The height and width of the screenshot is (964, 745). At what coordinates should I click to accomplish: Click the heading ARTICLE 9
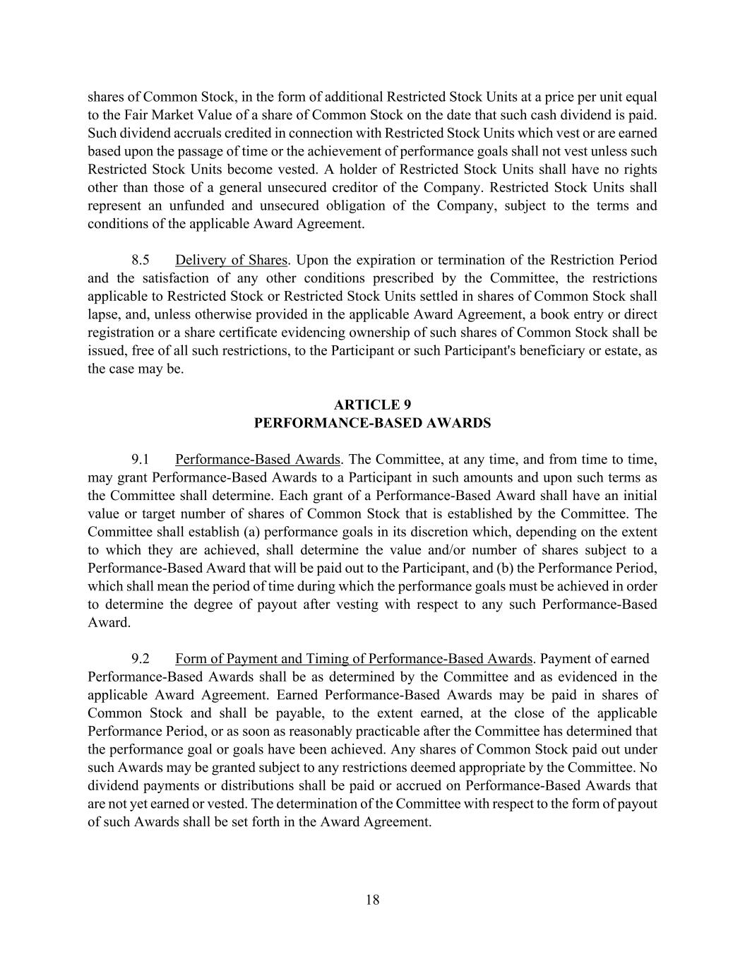[372, 405]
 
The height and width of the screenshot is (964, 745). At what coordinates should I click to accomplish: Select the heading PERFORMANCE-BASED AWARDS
[372, 423]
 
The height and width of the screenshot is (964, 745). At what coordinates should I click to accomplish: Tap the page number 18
[373, 900]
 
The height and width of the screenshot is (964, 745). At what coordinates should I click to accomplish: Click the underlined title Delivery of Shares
[231, 260]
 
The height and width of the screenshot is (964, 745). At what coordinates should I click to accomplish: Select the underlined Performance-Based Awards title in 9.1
[258, 460]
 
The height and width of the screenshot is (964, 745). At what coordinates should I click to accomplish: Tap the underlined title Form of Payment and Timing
[353, 659]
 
